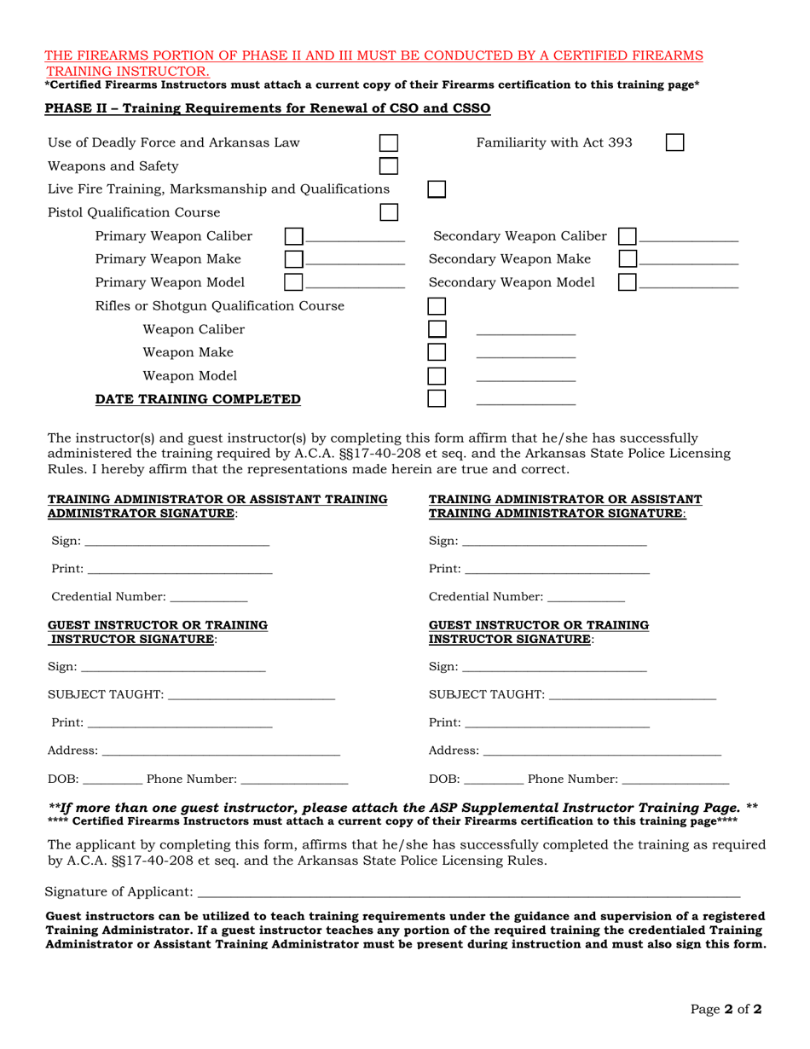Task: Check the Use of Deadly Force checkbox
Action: click(x=388, y=142)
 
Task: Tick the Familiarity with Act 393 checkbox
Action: click(x=674, y=142)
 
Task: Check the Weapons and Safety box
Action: click(x=388, y=166)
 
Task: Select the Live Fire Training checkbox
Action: click(x=436, y=188)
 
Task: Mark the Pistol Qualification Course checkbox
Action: click(x=388, y=212)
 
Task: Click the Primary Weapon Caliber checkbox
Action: click(x=293, y=236)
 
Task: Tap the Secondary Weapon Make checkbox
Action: click(x=627, y=259)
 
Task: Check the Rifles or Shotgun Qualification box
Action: click(x=436, y=306)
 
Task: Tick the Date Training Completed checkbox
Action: click(x=436, y=399)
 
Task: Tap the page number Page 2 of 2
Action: click(x=726, y=1010)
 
